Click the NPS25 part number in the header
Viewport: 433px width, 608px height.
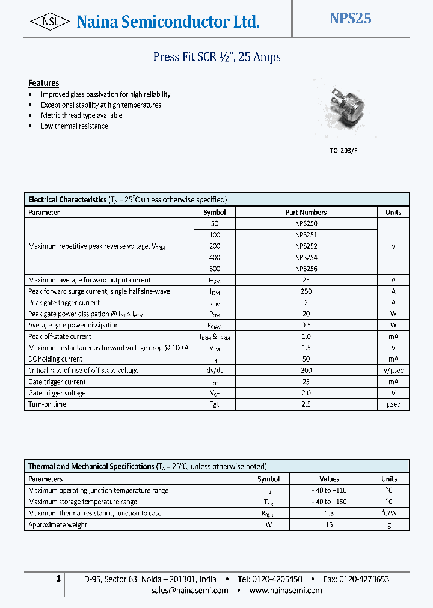click(x=350, y=19)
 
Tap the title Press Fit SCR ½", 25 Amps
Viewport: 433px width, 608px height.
click(x=216, y=57)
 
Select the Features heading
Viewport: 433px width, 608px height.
click(x=43, y=83)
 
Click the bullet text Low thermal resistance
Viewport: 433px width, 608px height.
click(x=74, y=126)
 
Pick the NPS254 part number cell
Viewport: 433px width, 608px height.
click(x=306, y=257)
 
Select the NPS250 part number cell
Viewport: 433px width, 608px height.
click(x=306, y=223)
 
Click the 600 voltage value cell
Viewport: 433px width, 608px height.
click(x=215, y=269)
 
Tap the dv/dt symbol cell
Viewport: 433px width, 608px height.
click(x=215, y=371)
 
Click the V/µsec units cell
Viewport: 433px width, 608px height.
click(x=393, y=371)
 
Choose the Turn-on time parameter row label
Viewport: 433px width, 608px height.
click(x=47, y=404)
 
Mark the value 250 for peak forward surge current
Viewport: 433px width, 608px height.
click(x=306, y=291)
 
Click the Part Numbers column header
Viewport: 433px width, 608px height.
click(x=306, y=212)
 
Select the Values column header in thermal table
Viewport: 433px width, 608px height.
click(x=329, y=479)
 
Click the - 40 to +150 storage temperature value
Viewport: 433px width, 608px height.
click(x=329, y=502)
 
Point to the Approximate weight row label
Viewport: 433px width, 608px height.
click(x=58, y=525)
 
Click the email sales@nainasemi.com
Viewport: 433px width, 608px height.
click(x=190, y=590)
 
